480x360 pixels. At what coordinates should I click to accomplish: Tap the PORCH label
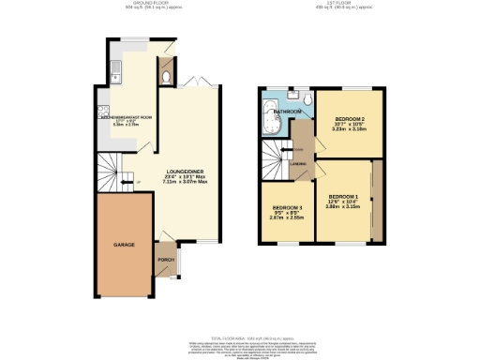pos(165,260)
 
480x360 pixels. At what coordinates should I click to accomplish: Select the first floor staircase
pos(274,161)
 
